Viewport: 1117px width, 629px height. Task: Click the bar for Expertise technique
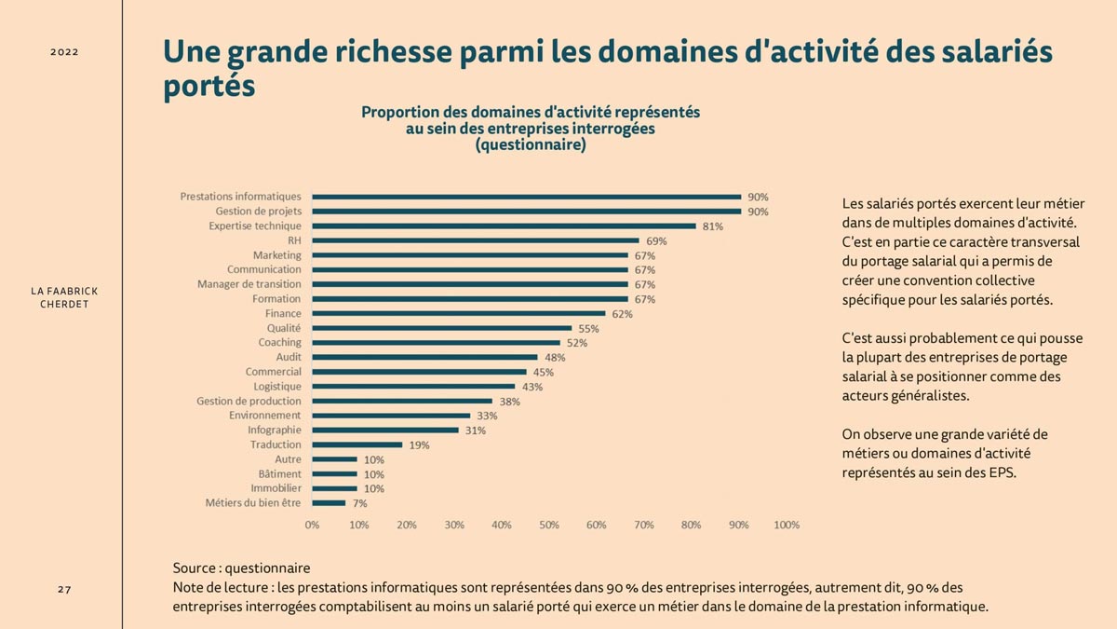pyautogui.click(x=504, y=226)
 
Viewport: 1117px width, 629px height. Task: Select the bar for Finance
pyautogui.click(x=459, y=313)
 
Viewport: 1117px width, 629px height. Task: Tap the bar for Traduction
pyautogui.click(x=357, y=444)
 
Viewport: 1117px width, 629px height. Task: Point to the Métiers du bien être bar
pyautogui.click(x=329, y=503)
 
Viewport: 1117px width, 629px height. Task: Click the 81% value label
pyautogui.click(x=713, y=226)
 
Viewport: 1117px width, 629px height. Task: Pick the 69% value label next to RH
pyautogui.click(x=656, y=241)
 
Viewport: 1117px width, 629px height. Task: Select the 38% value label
pyautogui.click(x=509, y=402)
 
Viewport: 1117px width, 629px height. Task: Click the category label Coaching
pyautogui.click(x=279, y=343)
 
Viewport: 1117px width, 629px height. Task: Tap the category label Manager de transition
pyautogui.click(x=249, y=284)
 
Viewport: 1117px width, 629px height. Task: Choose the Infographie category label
pyautogui.click(x=274, y=431)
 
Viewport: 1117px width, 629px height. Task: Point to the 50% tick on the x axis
pyautogui.click(x=549, y=526)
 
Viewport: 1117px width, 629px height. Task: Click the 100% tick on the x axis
pyautogui.click(x=787, y=526)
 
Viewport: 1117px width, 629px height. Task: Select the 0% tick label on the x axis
pyautogui.click(x=312, y=526)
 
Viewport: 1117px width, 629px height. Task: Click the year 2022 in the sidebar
pyautogui.click(x=64, y=52)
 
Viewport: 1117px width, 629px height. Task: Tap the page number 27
pyautogui.click(x=64, y=590)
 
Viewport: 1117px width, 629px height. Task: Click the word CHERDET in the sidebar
pyautogui.click(x=64, y=305)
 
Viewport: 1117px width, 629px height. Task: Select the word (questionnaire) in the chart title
pyautogui.click(x=530, y=145)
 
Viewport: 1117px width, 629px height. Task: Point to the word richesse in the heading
pyautogui.click(x=376, y=52)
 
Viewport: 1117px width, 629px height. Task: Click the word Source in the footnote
pyautogui.click(x=194, y=567)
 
